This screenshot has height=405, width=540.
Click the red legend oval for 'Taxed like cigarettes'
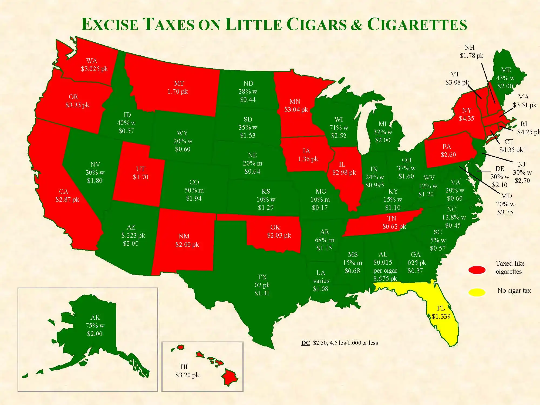pyautogui.click(x=477, y=270)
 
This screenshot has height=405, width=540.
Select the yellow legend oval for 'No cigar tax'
pyautogui.click(x=477, y=292)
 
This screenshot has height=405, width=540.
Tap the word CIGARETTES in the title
pyautogui.click(x=417, y=25)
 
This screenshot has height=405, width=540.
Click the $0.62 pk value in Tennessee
pyautogui.click(x=394, y=227)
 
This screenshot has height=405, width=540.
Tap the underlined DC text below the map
pyautogui.click(x=305, y=343)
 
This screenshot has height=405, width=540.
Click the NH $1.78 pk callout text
pyautogui.click(x=471, y=52)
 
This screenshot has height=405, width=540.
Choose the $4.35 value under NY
pyautogui.click(x=466, y=118)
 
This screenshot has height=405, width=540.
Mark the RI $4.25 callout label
pyautogui.click(x=526, y=128)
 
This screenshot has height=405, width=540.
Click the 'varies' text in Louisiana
pyautogui.click(x=321, y=281)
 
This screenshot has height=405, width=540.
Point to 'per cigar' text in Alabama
pyautogui.click(x=385, y=271)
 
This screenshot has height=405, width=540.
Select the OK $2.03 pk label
pyautogui.click(x=279, y=231)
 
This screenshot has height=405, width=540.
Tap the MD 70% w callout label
pyautogui.click(x=505, y=204)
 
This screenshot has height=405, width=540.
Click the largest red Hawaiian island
pyautogui.click(x=230, y=377)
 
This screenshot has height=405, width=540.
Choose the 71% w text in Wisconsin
pyautogui.click(x=339, y=128)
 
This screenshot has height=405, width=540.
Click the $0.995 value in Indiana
pyautogui.click(x=374, y=185)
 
